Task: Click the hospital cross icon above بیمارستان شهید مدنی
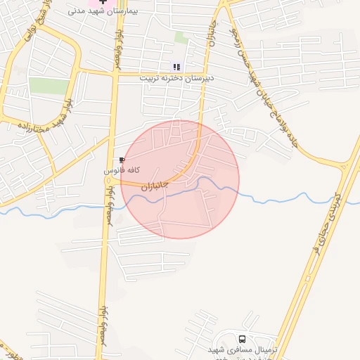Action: [x=103, y=2]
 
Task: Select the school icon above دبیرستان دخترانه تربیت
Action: [x=176, y=67]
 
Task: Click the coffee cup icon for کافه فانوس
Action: [x=122, y=160]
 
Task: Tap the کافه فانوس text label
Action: [x=122, y=170]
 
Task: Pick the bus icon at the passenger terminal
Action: [x=243, y=339]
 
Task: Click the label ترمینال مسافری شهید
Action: [x=243, y=349]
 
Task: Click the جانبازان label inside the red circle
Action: [x=155, y=186]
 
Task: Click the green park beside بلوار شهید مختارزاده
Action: [x=49, y=86]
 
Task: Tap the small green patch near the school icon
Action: [x=181, y=37]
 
